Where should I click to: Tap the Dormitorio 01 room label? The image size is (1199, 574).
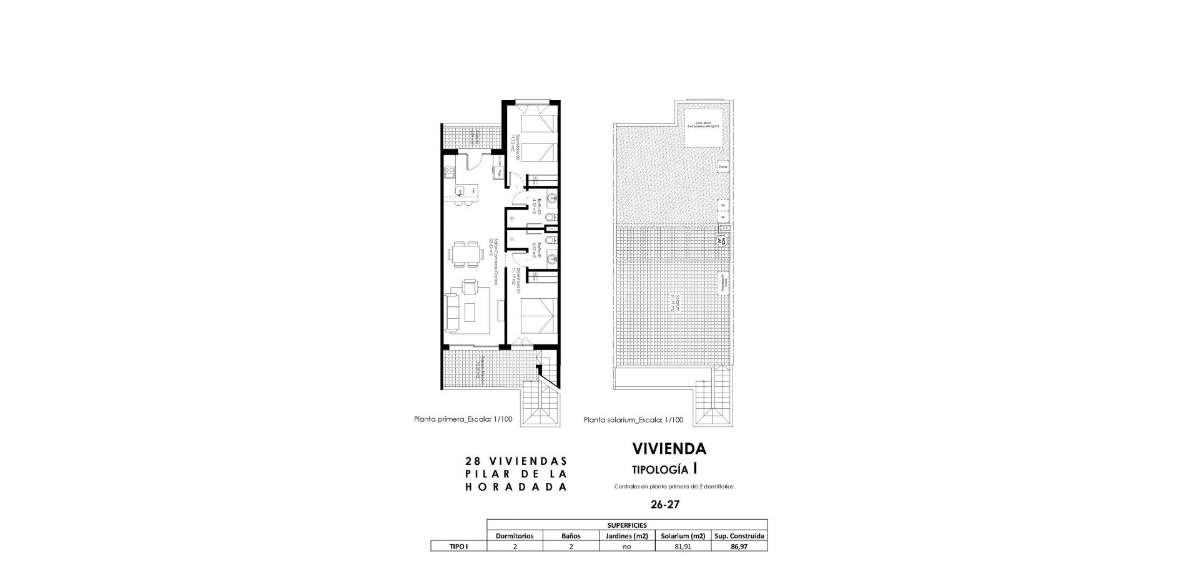(x=516, y=281)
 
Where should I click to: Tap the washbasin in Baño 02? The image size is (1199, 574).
(x=552, y=199)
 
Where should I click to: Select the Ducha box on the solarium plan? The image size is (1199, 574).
(x=723, y=167)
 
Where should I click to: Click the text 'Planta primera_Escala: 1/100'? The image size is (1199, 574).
(x=463, y=419)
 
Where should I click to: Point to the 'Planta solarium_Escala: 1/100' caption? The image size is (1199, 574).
(x=633, y=420)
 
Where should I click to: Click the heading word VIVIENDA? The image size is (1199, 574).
(x=669, y=449)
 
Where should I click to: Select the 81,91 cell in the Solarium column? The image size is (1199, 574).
(x=683, y=547)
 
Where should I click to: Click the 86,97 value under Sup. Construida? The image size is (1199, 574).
(x=739, y=547)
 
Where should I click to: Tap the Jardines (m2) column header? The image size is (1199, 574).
(x=627, y=536)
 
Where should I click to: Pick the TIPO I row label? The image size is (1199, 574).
(x=458, y=547)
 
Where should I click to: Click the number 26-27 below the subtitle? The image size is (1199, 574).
(x=664, y=505)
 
